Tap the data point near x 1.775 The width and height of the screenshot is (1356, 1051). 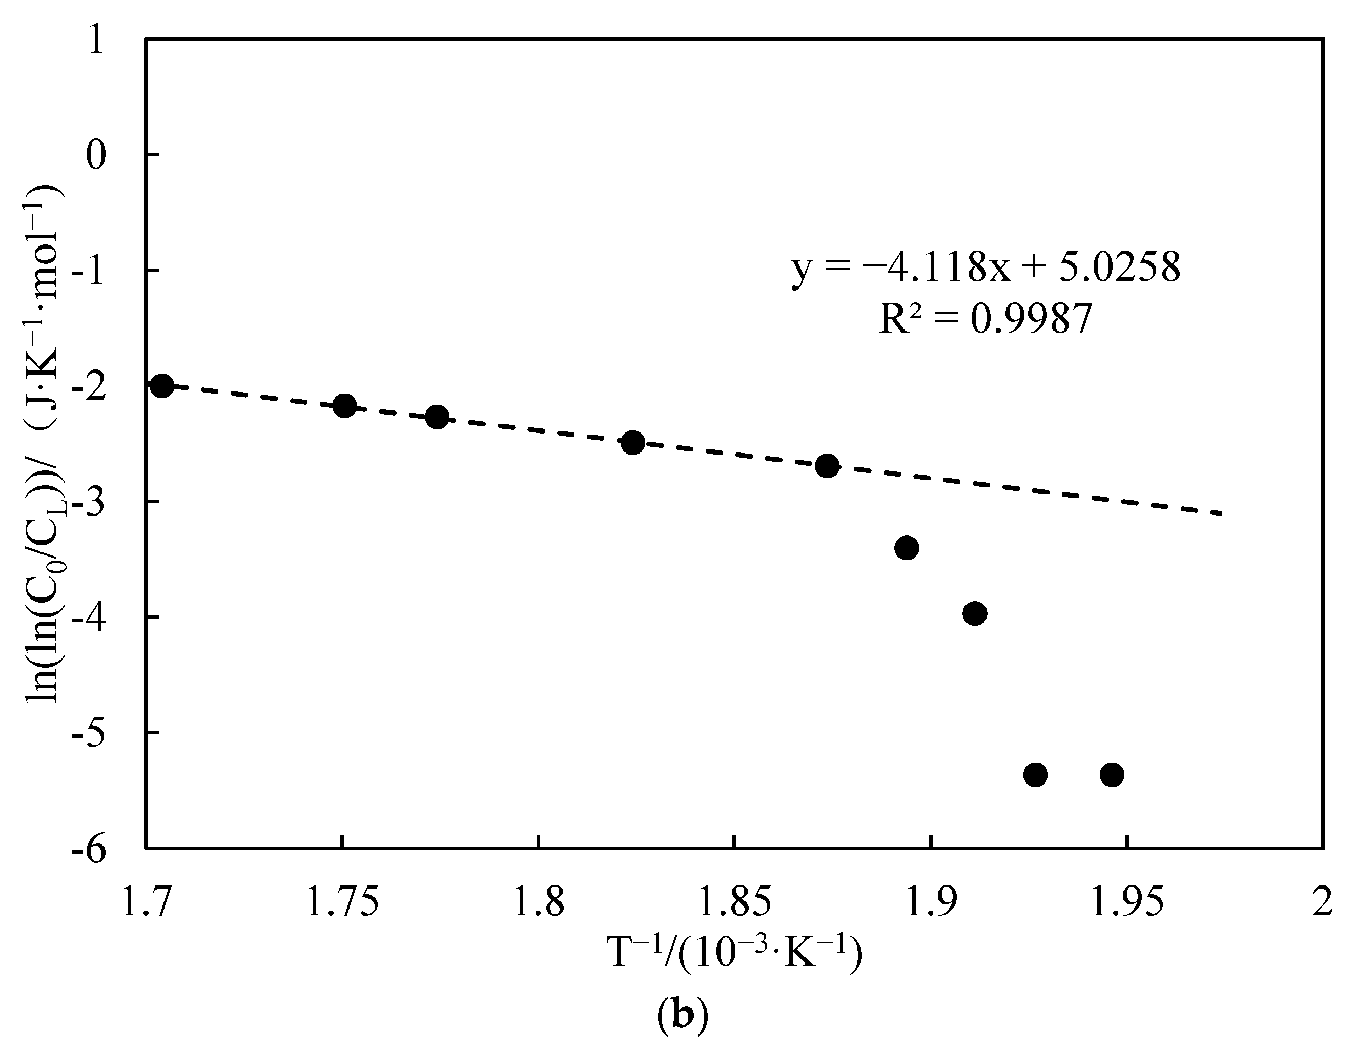click(x=437, y=417)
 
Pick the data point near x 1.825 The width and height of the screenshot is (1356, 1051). click(x=633, y=443)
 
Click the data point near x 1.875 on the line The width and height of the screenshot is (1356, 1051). click(x=827, y=466)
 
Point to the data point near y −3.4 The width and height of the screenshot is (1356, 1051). click(x=907, y=548)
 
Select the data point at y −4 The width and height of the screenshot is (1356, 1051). click(x=975, y=613)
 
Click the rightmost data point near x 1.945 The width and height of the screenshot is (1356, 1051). click(x=1112, y=775)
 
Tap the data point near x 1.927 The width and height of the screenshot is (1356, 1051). click(x=1036, y=775)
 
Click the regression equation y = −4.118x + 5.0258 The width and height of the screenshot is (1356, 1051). click(x=985, y=269)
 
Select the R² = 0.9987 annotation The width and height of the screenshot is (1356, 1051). click(x=985, y=320)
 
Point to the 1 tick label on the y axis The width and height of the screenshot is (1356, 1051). click(x=95, y=42)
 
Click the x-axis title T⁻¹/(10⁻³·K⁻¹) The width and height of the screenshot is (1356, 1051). click(x=735, y=954)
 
